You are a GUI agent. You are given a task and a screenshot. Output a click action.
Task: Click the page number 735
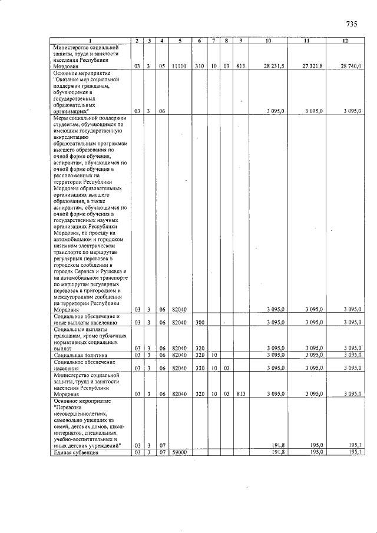(352, 24)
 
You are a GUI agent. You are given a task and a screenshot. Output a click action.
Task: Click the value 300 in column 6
(200, 322)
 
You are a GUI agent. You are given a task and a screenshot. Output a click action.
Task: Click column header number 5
(179, 41)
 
